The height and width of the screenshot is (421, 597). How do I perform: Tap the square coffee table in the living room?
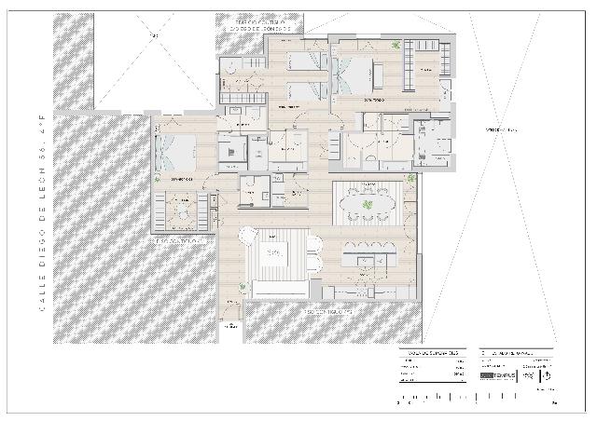[x=274, y=252]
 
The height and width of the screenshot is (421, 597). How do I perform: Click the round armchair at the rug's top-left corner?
[x=248, y=236]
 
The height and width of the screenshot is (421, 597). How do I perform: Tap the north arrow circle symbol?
[x=547, y=375]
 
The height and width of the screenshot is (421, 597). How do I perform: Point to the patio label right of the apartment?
[x=506, y=129]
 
